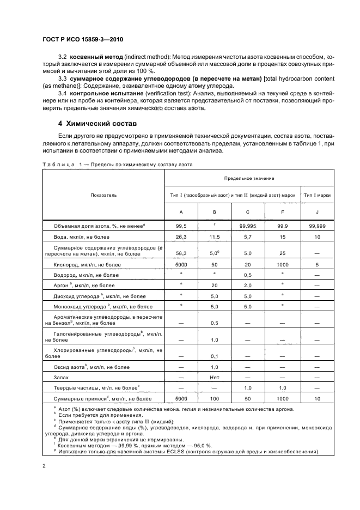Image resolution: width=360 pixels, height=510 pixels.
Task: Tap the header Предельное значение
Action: click(x=248, y=178)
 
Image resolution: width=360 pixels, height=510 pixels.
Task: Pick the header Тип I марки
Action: click(x=318, y=195)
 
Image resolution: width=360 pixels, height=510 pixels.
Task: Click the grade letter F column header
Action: click(x=283, y=212)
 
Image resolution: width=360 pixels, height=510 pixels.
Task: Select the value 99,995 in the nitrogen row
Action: click(x=248, y=225)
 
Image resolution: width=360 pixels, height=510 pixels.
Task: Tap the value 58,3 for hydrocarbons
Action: click(x=181, y=253)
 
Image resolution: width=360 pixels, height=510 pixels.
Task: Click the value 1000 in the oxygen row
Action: click(x=283, y=265)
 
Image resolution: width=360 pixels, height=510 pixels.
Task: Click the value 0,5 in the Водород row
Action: click(x=248, y=276)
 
